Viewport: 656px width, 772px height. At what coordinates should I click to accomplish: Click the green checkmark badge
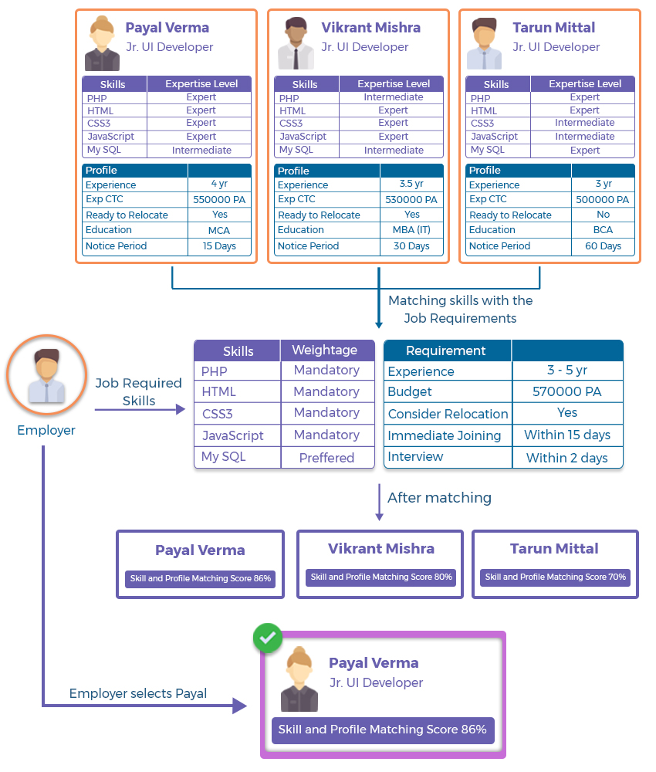(267, 638)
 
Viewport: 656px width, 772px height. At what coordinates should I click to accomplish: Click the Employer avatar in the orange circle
(47, 375)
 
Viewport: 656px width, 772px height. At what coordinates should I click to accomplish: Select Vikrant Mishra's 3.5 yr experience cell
(411, 184)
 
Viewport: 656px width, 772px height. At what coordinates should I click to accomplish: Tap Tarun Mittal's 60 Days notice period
(603, 245)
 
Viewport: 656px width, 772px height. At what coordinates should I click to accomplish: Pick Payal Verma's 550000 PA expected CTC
(219, 199)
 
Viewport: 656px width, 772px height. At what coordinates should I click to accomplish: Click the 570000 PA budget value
(567, 391)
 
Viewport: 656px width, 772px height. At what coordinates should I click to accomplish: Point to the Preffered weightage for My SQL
(326, 458)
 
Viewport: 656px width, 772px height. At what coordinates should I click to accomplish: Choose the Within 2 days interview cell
(567, 458)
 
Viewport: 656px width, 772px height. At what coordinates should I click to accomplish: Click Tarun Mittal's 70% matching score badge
(555, 577)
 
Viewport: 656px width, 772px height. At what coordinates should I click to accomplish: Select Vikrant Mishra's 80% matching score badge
(381, 577)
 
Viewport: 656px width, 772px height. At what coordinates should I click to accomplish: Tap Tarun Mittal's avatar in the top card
(484, 43)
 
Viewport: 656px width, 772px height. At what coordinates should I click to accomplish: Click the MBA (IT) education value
(411, 229)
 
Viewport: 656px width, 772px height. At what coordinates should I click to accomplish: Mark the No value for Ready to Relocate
(603, 214)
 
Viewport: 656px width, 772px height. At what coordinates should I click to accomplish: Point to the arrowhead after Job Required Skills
(181, 409)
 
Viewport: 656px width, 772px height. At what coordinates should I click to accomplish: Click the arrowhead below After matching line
(379, 516)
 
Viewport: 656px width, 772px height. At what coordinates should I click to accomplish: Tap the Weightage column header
(325, 350)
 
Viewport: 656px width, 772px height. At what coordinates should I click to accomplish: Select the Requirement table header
(445, 350)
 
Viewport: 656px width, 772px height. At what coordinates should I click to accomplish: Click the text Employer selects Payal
(138, 693)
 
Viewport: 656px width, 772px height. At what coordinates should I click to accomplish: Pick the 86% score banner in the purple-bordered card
(382, 730)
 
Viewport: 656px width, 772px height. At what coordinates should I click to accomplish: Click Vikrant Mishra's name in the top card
(370, 28)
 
